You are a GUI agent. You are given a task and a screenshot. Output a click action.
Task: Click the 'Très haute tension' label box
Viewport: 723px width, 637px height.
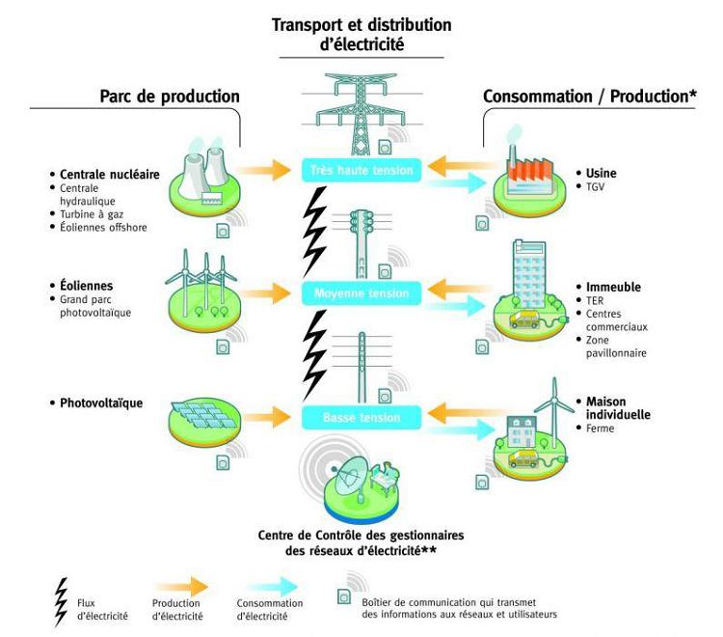(x=361, y=171)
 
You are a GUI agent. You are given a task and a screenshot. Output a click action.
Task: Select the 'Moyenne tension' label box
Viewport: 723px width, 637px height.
(x=361, y=292)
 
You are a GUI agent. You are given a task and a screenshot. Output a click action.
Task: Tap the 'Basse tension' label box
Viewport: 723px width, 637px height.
(x=361, y=417)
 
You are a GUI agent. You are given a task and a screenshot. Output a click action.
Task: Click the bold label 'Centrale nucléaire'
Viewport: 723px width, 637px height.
(x=102, y=174)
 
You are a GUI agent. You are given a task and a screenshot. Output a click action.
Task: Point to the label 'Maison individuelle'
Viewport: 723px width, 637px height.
(x=617, y=407)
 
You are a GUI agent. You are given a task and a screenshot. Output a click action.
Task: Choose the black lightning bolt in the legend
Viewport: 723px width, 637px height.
(x=63, y=601)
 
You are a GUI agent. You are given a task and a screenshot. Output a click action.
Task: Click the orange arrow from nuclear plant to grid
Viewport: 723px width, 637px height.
(x=263, y=170)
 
